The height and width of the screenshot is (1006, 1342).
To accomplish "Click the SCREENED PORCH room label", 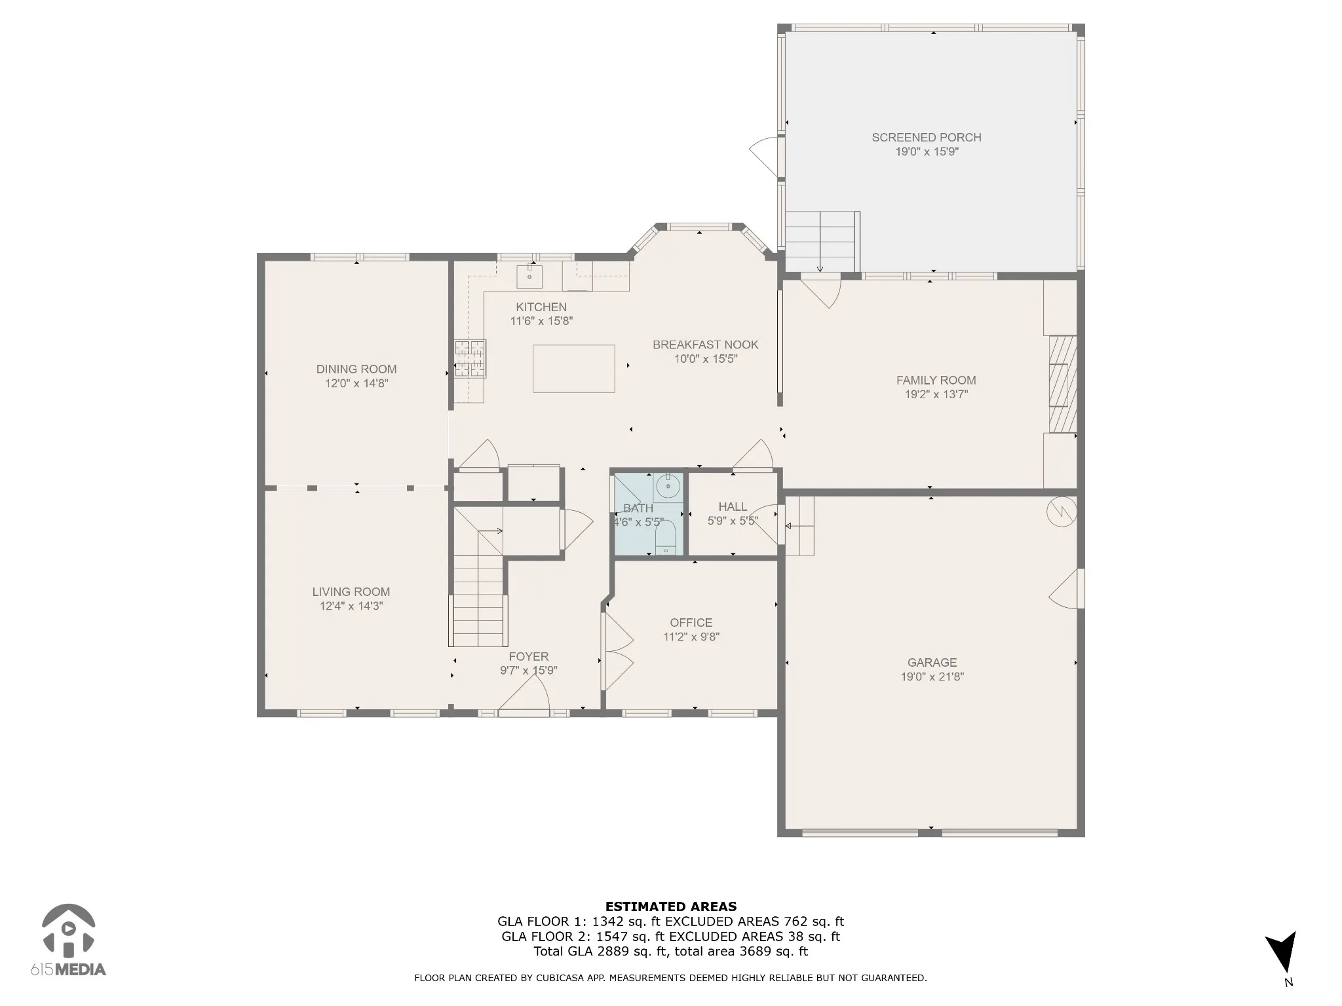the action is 926,138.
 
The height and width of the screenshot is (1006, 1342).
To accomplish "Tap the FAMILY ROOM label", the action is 936,381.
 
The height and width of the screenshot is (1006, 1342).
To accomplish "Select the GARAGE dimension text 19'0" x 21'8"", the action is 932,677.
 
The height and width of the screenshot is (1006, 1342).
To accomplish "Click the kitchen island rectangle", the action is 573,369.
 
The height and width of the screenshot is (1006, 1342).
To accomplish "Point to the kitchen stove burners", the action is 470,359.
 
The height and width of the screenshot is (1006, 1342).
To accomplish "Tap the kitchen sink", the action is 529,276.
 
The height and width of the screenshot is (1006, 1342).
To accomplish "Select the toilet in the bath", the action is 666,538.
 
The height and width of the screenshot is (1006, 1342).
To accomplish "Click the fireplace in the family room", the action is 1063,384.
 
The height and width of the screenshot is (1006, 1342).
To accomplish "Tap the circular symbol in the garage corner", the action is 1062,513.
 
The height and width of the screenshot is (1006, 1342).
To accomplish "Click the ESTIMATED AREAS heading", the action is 671,907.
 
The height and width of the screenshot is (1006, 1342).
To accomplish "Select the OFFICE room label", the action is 691,623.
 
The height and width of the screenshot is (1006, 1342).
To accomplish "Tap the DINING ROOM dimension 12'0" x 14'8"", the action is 356,384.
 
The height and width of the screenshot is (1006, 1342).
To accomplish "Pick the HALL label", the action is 733,507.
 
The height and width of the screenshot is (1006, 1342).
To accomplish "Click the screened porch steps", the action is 822,242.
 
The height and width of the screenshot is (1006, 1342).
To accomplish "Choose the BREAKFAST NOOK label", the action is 705,345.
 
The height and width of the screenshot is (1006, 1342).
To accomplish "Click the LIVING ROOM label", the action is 351,592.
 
